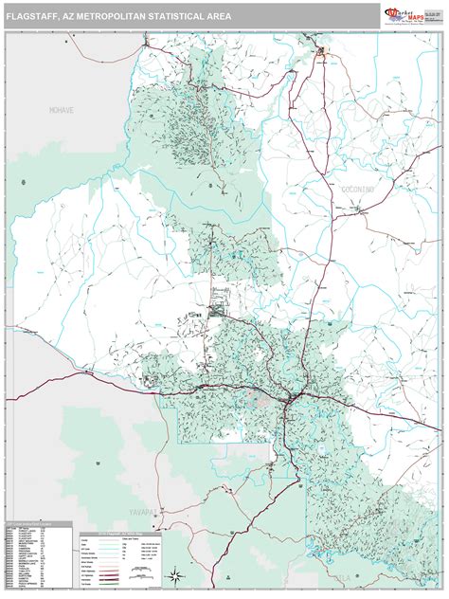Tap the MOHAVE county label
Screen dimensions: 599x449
point(62,111)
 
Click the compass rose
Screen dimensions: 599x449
point(175,575)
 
